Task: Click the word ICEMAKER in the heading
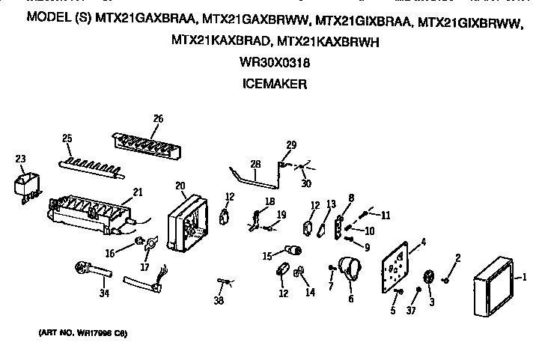(x=275, y=86)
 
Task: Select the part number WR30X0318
(x=275, y=64)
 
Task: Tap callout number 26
(x=158, y=118)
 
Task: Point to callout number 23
(x=20, y=158)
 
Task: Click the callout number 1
(x=524, y=278)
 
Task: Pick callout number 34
(x=104, y=293)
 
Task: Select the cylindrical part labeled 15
(x=295, y=250)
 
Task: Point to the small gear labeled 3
(x=430, y=278)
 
